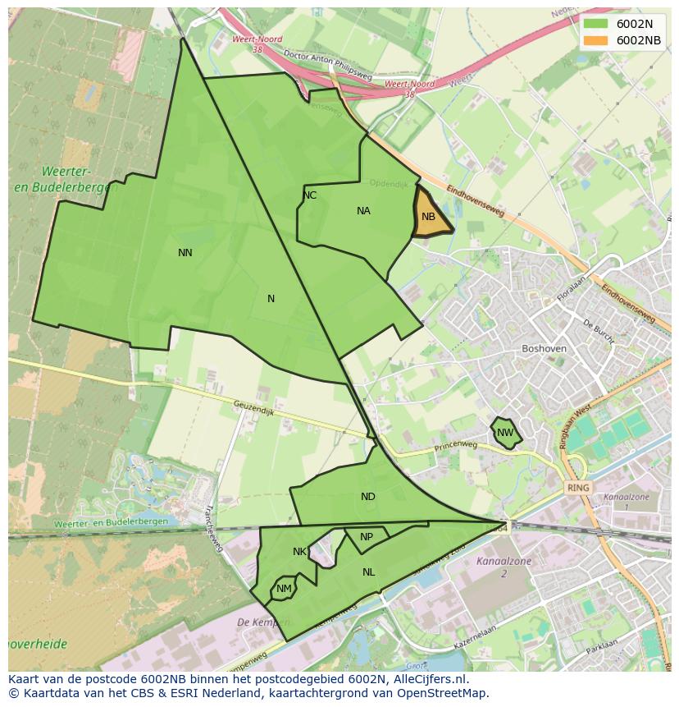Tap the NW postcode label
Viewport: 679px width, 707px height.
[505, 433]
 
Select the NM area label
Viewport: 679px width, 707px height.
[284, 589]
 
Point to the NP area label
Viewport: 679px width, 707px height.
[367, 537]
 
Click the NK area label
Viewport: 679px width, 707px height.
[299, 552]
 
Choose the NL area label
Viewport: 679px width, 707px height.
[369, 572]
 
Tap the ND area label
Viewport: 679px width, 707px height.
[368, 497]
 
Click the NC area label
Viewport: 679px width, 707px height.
[309, 195]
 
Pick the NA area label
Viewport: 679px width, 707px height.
[363, 211]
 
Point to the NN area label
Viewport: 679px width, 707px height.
[185, 253]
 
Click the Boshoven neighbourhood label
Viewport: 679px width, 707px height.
[544, 348]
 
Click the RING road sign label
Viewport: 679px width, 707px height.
[578, 488]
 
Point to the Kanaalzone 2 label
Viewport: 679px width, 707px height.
[504, 567]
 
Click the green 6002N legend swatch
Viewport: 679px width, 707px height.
[595, 24]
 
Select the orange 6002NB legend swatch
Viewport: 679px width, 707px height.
[595, 40]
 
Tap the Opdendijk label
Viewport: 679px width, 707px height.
[388, 184]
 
